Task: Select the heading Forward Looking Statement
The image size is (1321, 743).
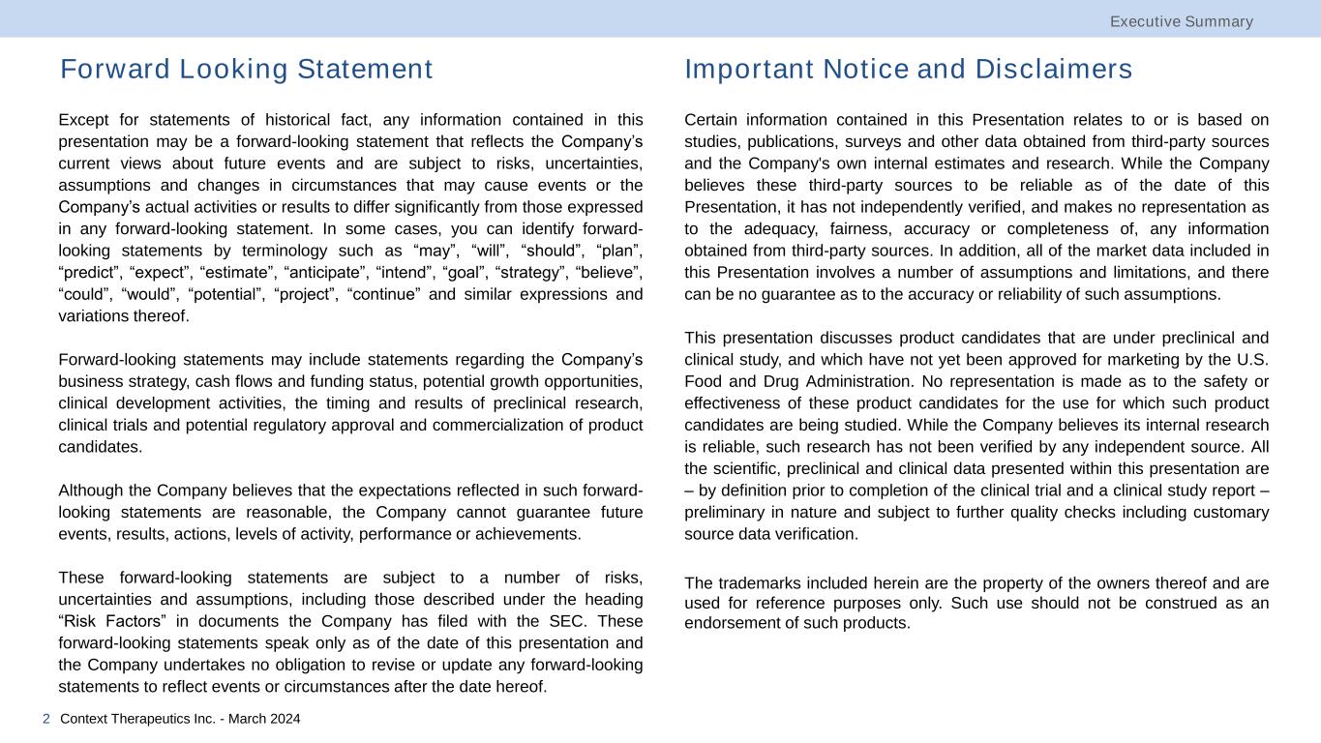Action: (x=246, y=70)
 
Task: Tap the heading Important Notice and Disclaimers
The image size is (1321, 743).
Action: (x=908, y=70)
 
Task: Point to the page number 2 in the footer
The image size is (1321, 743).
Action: (x=46, y=719)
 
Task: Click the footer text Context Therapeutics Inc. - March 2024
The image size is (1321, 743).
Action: (x=180, y=719)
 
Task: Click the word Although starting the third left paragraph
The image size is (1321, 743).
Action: (x=91, y=490)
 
